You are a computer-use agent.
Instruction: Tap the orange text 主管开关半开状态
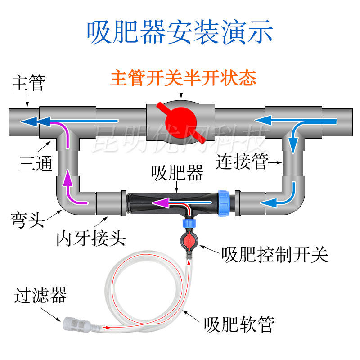[x=183, y=79]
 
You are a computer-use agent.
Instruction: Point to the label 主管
[x=28, y=84]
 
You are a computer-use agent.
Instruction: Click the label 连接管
[x=242, y=161]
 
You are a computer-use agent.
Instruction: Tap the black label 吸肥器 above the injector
[x=178, y=173]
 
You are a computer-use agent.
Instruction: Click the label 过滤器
[x=40, y=296]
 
